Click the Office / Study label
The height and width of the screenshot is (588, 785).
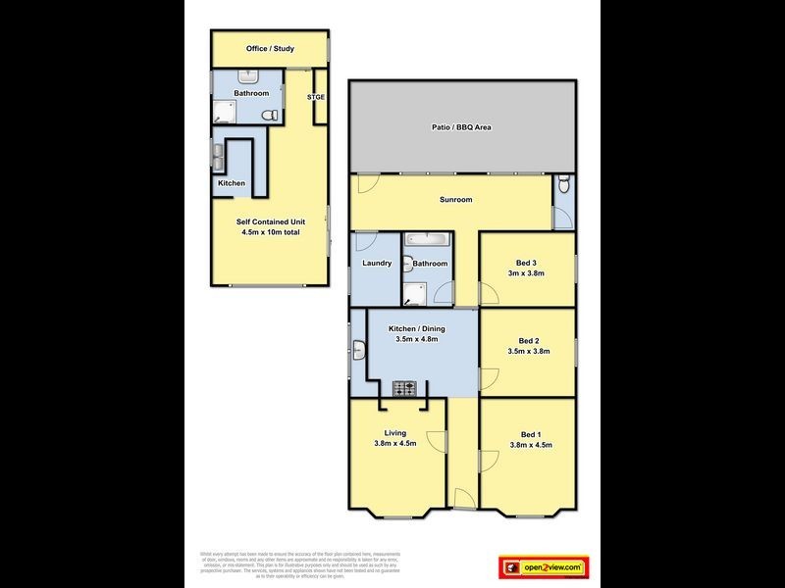click(x=270, y=49)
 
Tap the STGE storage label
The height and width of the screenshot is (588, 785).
click(x=315, y=97)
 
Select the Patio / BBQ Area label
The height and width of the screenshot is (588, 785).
click(x=461, y=127)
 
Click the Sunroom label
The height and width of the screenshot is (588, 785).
click(x=455, y=200)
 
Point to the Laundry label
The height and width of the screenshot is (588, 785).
click(x=377, y=263)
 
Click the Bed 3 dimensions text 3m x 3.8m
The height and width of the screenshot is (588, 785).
click(x=526, y=273)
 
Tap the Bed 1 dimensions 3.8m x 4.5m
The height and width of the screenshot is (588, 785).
click(x=530, y=444)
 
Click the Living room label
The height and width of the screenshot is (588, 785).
click(x=394, y=433)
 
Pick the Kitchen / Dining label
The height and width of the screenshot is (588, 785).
click(x=415, y=328)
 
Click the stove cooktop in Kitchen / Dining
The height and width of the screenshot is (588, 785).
click(x=405, y=389)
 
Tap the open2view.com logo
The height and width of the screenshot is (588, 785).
click(x=543, y=566)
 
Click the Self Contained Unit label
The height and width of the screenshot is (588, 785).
click(x=270, y=222)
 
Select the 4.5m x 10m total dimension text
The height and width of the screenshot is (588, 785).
click(x=270, y=233)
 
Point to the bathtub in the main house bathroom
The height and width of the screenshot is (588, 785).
click(x=425, y=239)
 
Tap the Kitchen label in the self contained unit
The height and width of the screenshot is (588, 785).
click(x=231, y=183)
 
